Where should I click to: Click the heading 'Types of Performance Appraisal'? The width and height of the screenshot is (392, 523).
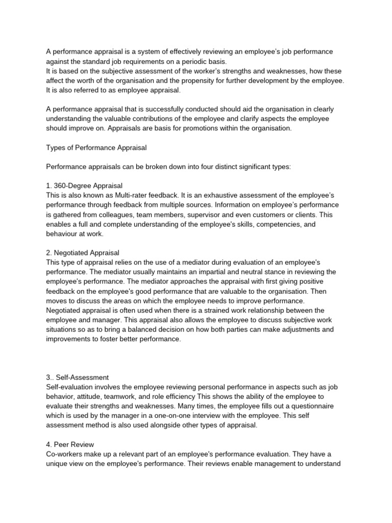pos(96,148)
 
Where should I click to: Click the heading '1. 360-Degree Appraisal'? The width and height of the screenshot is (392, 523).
pos(84,185)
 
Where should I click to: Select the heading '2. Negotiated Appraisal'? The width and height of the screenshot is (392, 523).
pos(83,252)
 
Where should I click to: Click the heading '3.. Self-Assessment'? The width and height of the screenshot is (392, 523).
pos(78,377)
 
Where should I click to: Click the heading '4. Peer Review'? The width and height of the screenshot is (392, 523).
pos(70,444)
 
